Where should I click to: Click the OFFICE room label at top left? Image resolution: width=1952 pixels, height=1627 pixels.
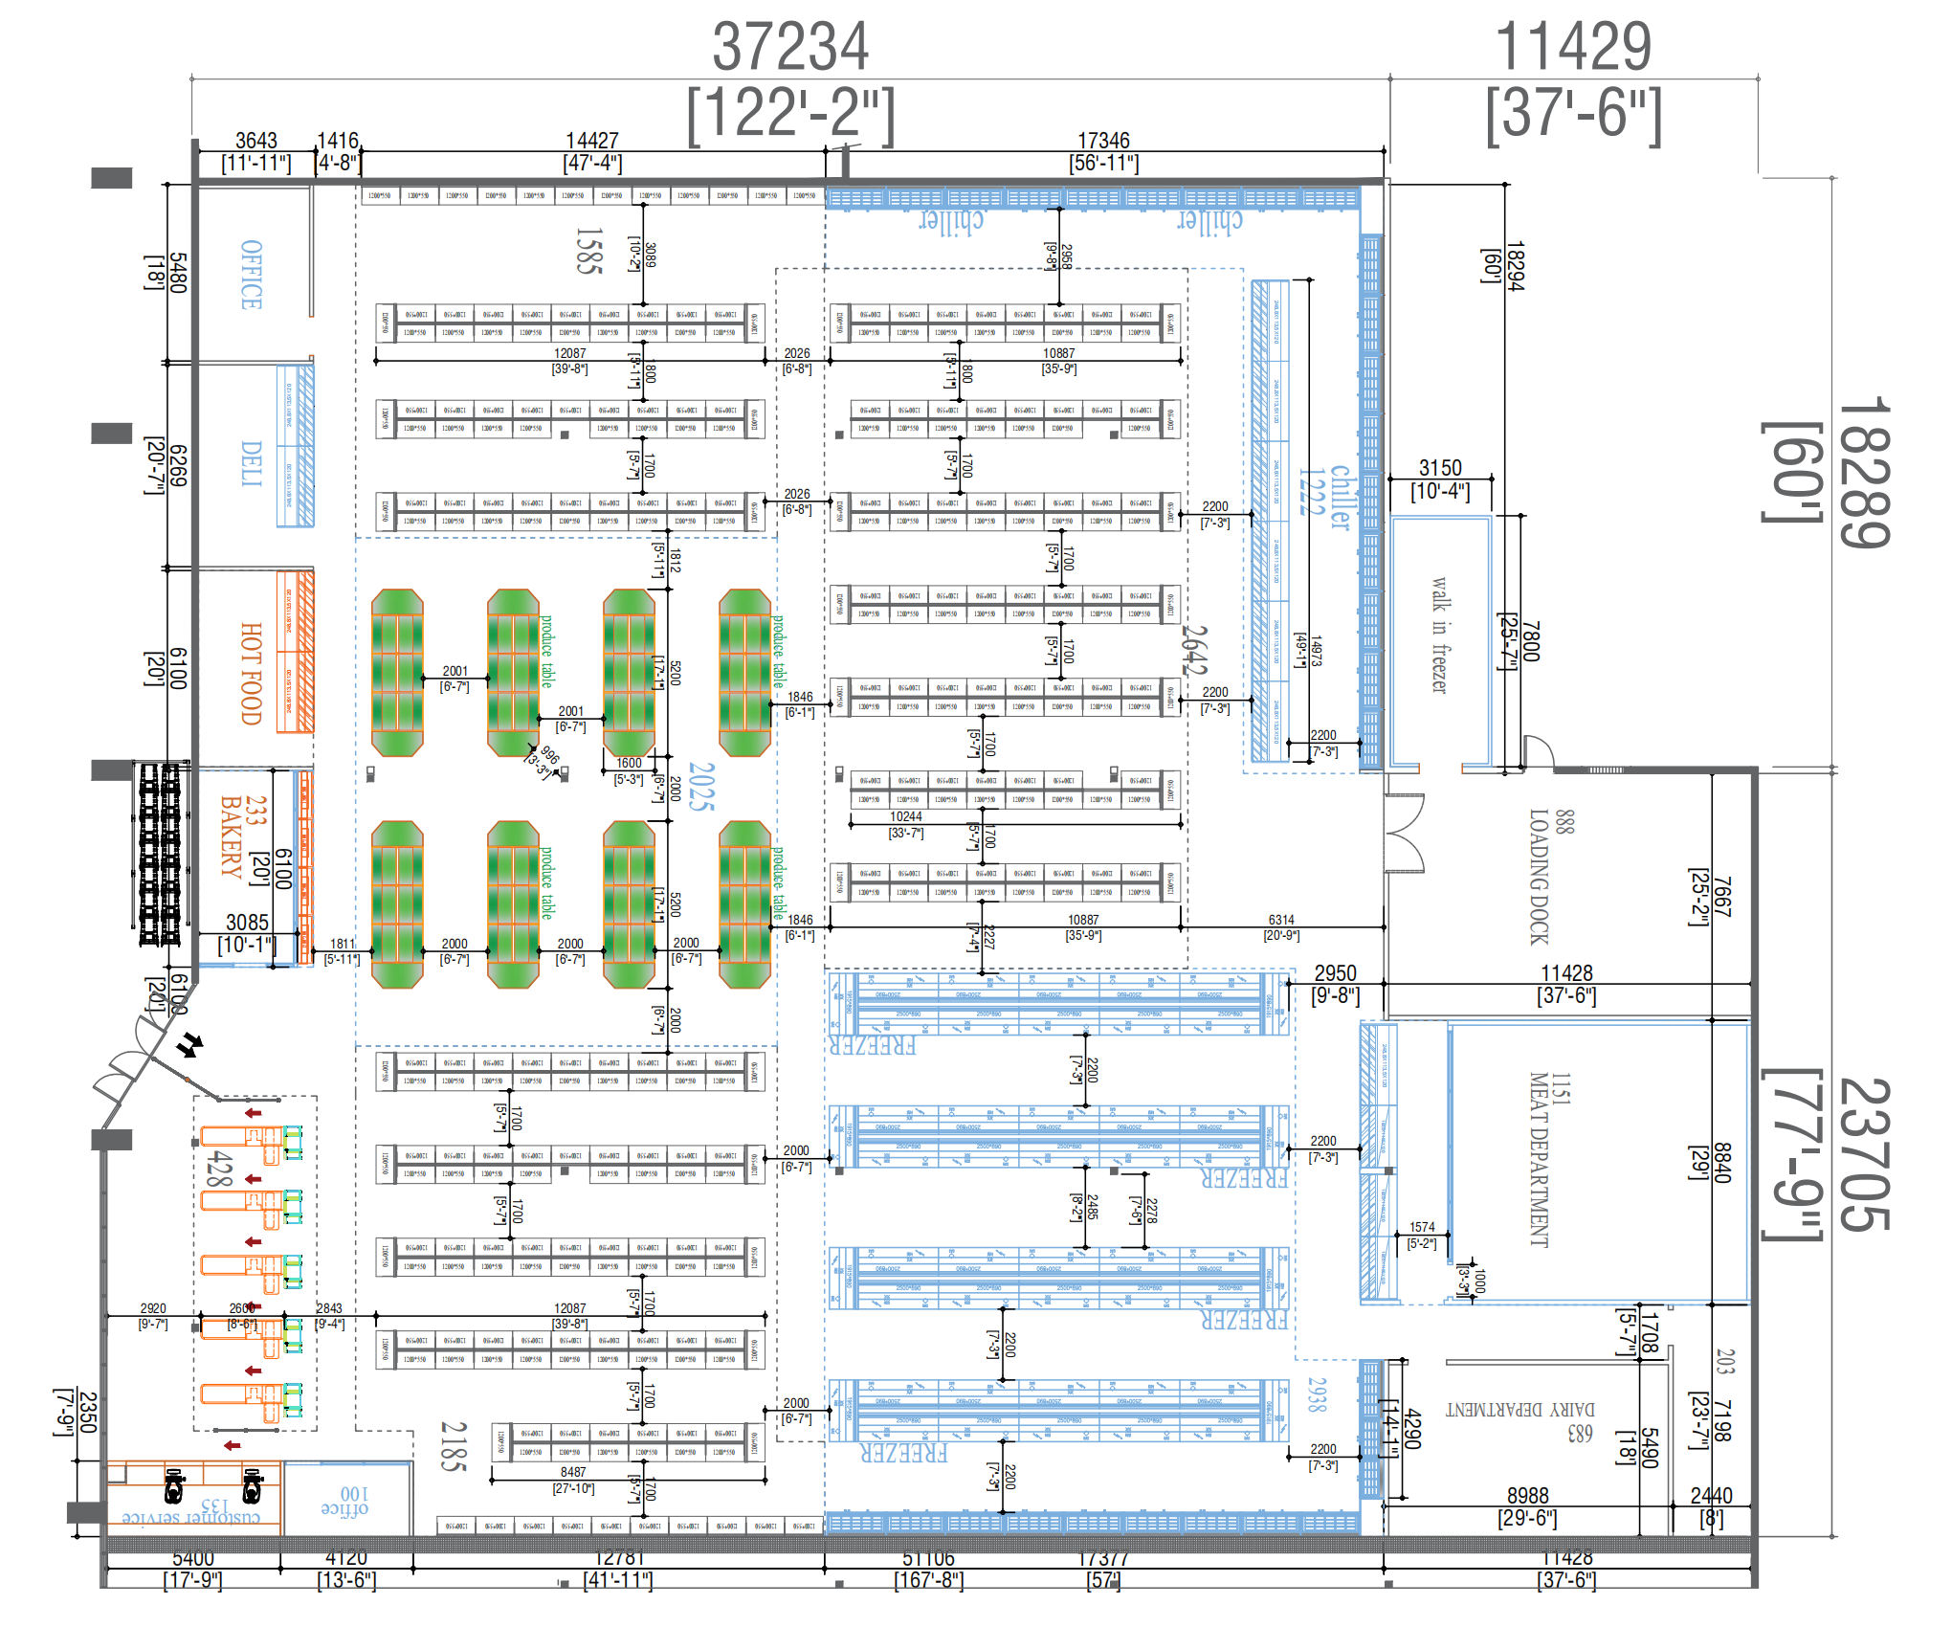pos(251,275)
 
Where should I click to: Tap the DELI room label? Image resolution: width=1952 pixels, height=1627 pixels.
pos(251,464)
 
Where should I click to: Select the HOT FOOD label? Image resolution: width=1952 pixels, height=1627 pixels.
pos(251,674)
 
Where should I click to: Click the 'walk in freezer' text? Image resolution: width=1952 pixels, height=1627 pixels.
pos(1440,635)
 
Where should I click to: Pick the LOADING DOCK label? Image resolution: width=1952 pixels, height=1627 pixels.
pos(1538,877)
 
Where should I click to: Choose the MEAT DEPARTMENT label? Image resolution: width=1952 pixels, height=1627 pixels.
pos(1538,1159)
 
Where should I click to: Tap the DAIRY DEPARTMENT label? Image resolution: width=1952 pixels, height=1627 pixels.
pos(1519,1410)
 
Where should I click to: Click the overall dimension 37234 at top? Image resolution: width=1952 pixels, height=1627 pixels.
pos(790,48)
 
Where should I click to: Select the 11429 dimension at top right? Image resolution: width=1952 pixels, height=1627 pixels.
pos(1573,48)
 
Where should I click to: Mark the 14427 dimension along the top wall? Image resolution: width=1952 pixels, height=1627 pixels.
pos(592,142)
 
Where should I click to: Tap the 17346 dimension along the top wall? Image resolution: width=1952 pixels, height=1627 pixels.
pos(1103,142)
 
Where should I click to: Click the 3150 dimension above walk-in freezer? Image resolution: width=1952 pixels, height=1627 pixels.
pos(1440,468)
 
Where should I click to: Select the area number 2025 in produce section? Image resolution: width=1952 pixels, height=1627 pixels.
pos(701,787)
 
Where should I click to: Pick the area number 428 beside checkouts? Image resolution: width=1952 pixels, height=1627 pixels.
pos(219,1169)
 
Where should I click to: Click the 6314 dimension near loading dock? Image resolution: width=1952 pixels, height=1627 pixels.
pos(1281,920)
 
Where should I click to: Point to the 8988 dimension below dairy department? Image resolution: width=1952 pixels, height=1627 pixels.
pos(1527,1496)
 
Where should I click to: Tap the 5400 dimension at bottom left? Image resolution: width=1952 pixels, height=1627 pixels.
pos(192,1559)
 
